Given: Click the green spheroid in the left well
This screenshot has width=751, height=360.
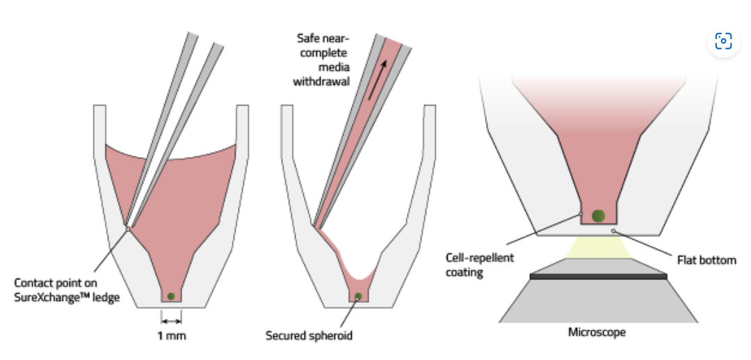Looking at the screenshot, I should click(x=171, y=297).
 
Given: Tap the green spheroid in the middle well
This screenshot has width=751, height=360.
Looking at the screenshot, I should click(x=359, y=297).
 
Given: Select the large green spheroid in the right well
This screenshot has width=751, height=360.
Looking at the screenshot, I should click(x=598, y=215).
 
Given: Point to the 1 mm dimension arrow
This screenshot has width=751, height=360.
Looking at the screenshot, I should click(x=171, y=320).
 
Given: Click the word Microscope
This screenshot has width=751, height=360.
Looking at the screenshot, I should click(x=597, y=332).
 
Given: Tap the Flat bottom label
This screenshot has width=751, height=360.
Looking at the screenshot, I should click(x=706, y=261).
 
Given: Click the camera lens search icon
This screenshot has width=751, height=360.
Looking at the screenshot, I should click(x=723, y=42).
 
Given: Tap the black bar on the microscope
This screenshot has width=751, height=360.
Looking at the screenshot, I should click(x=598, y=277).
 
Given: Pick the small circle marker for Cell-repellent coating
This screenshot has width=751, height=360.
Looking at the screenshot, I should click(x=581, y=214).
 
